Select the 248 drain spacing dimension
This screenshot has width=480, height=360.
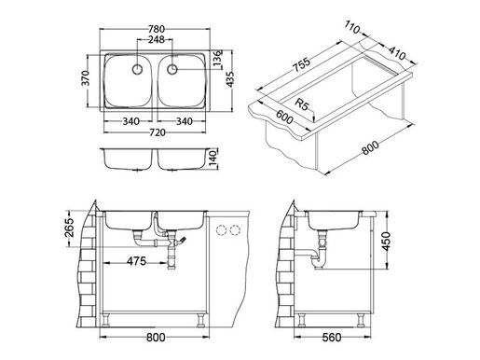(x=157, y=41)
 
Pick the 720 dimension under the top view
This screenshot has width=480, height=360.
(x=158, y=133)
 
